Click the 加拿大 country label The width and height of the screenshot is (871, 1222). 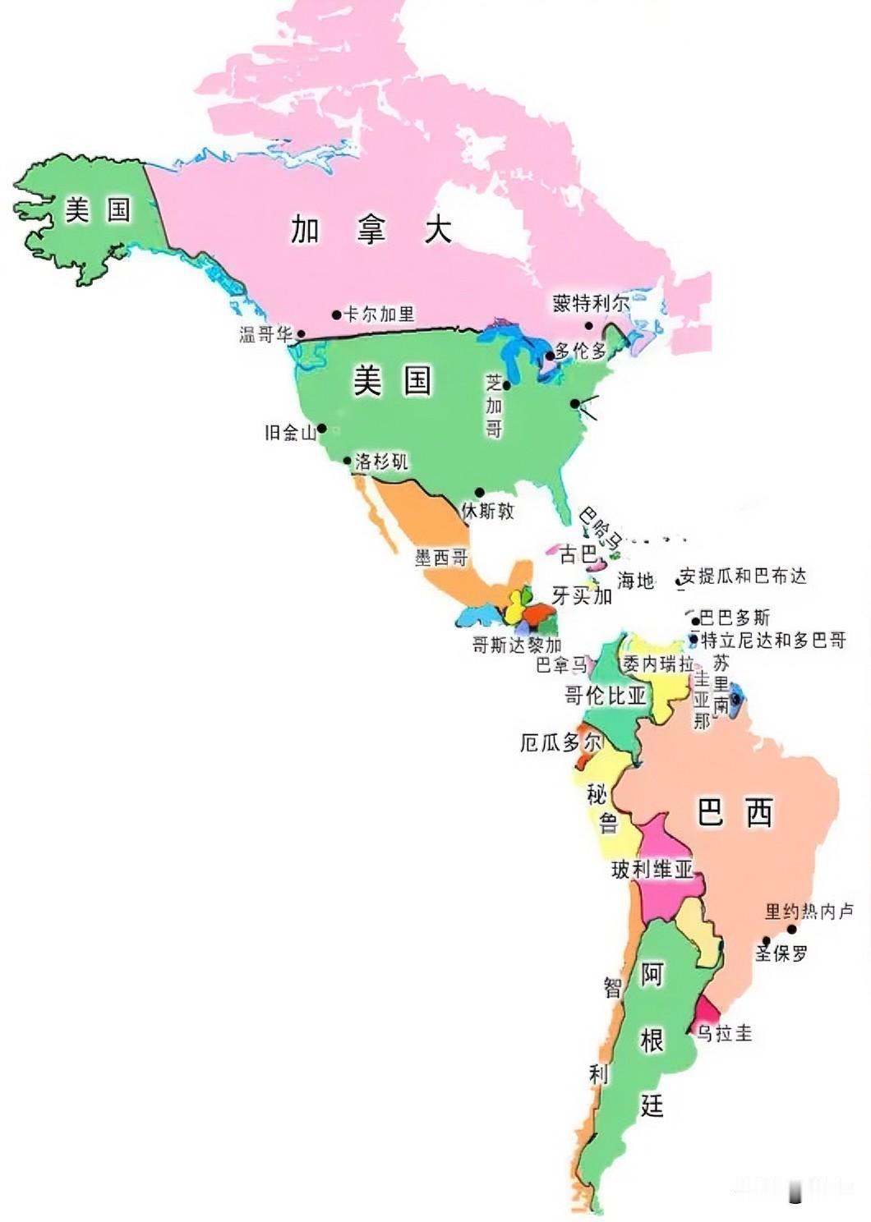tap(371, 229)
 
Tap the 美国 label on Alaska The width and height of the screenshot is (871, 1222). tap(98, 210)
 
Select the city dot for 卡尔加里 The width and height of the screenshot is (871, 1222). tap(336, 315)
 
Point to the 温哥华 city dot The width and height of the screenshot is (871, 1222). tap(302, 334)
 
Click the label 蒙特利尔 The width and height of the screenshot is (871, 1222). tap(591, 304)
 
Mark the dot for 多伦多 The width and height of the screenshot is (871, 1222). tap(550, 356)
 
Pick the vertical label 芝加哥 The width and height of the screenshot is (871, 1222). tap(493, 406)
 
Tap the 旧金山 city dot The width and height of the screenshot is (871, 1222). tap(322, 428)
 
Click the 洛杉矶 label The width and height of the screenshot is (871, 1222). tap(380, 462)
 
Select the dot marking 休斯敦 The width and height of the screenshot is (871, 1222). tap(479, 493)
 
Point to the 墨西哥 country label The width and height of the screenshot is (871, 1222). tap(441, 558)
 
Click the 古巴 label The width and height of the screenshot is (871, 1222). tap(578, 555)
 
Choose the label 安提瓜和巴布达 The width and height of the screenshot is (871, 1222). tap(744, 576)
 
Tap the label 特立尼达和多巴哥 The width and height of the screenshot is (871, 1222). tap(772, 640)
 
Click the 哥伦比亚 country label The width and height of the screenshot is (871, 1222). tap(606, 696)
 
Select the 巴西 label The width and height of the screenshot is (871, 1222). tap(735, 813)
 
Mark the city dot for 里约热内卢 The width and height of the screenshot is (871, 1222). tap(792, 929)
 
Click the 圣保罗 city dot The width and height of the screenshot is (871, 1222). tap(767, 941)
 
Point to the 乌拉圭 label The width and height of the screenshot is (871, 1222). tap(724, 1032)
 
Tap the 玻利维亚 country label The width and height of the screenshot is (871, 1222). tap(652, 869)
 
